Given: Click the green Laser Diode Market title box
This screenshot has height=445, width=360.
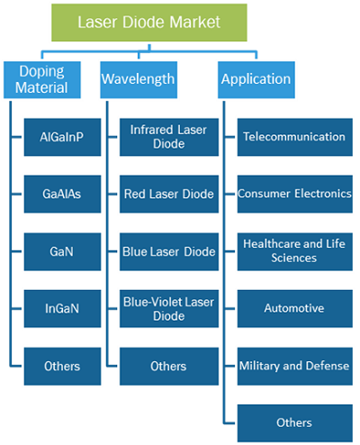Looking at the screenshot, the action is pyautogui.click(x=149, y=23).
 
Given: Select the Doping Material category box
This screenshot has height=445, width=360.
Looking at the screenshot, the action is pyautogui.click(x=42, y=80).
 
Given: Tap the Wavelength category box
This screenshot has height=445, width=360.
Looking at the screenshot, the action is pyautogui.click(x=139, y=80).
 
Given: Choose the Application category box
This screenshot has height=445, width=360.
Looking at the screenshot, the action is pyautogui.click(x=256, y=80).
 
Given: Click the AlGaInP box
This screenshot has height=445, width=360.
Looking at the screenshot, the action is pyautogui.click(x=62, y=137).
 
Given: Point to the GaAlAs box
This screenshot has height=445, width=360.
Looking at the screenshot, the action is pyautogui.click(x=62, y=195).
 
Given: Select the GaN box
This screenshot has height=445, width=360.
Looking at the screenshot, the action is pyautogui.click(x=62, y=252).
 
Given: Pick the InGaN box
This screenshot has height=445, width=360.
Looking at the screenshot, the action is pyautogui.click(x=62, y=309).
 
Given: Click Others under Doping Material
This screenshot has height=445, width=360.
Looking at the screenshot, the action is pyautogui.click(x=62, y=367).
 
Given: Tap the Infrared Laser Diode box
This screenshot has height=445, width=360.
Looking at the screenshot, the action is pyautogui.click(x=169, y=137).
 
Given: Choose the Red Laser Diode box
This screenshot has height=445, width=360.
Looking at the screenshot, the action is pyautogui.click(x=169, y=195).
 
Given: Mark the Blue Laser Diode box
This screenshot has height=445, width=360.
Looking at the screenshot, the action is pyautogui.click(x=169, y=252).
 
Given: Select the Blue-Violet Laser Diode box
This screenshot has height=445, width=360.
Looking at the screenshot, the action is pyautogui.click(x=169, y=309).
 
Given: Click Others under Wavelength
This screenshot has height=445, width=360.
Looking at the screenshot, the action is pyautogui.click(x=169, y=367).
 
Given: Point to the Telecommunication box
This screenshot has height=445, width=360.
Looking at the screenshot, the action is pyautogui.click(x=295, y=137).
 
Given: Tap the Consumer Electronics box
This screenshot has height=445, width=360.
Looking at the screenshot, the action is pyautogui.click(x=295, y=195).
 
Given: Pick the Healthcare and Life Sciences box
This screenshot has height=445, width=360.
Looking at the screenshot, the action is pyautogui.click(x=295, y=252).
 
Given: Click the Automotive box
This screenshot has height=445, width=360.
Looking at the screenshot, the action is pyautogui.click(x=295, y=309).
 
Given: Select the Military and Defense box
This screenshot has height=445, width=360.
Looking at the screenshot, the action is pyautogui.click(x=295, y=367).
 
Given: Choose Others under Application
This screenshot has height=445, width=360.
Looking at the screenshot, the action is pyautogui.click(x=295, y=423).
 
